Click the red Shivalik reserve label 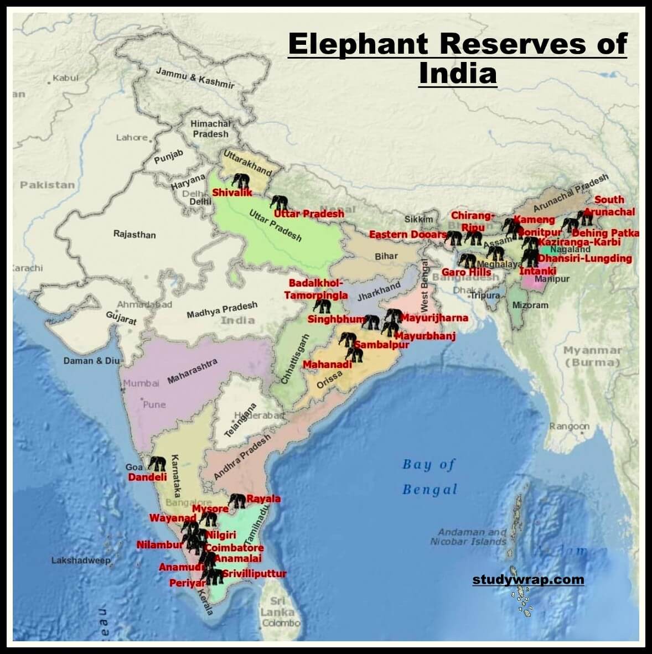tap(232, 193)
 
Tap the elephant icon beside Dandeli tap(157, 464)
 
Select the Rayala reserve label tap(263, 499)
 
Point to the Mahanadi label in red tap(327, 365)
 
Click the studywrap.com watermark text tap(528, 580)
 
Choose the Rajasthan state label tap(134, 235)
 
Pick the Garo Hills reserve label tap(466, 272)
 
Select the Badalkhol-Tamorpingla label tap(316, 289)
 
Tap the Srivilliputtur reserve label tap(255, 574)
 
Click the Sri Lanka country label tap(277, 607)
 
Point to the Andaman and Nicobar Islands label tap(469, 537)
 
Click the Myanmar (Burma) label tap(592, 356)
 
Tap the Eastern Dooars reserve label tap(407, 235)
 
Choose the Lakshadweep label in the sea tap(81, 560)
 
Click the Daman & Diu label tap(91, 361)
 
